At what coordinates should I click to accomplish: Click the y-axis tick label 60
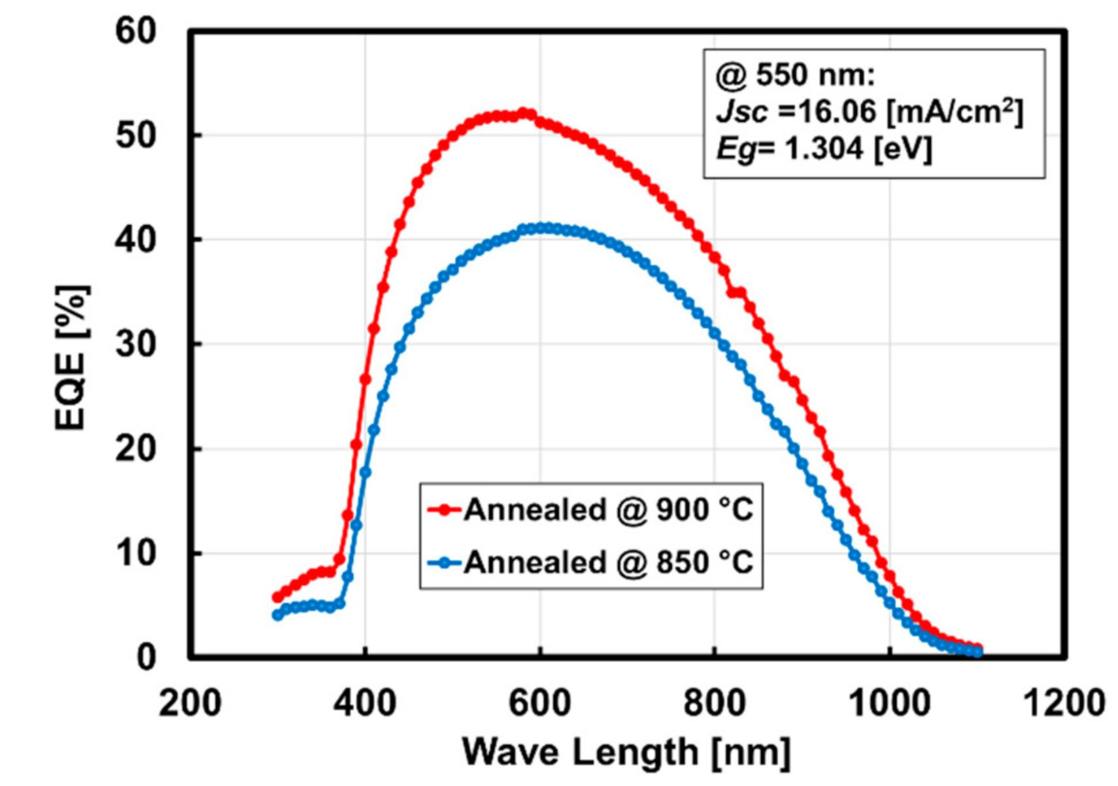pos(135,31)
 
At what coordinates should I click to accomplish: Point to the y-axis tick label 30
pos(135,344)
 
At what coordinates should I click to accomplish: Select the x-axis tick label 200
pos(190,704)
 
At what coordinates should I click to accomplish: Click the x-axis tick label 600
pos(539,704)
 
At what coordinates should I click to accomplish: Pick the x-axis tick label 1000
pos(889,704)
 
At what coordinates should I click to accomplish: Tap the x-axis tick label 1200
pos(1064,704)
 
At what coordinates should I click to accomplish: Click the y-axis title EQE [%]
pos(71,358)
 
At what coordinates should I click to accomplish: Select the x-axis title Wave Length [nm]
pos(626,752)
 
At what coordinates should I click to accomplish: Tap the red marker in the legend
pos(445,510)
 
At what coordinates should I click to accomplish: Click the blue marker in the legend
pos(445,562)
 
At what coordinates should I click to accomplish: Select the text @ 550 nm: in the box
pos(795,75)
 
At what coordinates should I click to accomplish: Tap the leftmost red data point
pos(277,597)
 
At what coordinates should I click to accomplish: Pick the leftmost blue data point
pos(277,615)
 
